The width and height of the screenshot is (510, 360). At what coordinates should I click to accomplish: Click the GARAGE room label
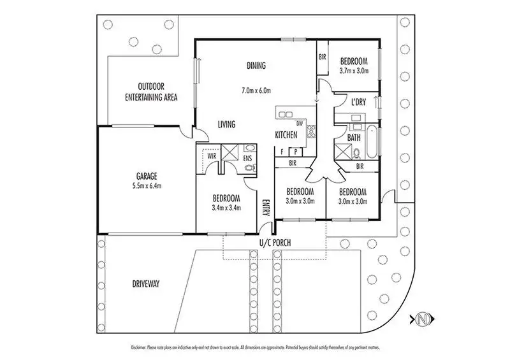coord(146,176)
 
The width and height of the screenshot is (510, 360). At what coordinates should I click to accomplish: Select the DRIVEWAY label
coord(145,284)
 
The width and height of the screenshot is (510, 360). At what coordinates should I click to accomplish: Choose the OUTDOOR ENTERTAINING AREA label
coord(150,92)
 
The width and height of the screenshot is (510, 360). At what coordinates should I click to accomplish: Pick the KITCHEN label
coord(286,134)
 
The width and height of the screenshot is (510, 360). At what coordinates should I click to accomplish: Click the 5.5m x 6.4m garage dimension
coord(146,186)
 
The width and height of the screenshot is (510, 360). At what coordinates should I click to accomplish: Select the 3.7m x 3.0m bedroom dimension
coord(354,71)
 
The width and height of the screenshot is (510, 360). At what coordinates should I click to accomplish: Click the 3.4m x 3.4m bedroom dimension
coord(226,207)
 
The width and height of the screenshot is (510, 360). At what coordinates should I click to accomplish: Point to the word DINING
coord(256,65)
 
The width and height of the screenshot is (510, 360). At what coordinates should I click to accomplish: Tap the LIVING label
coord(226,124)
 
